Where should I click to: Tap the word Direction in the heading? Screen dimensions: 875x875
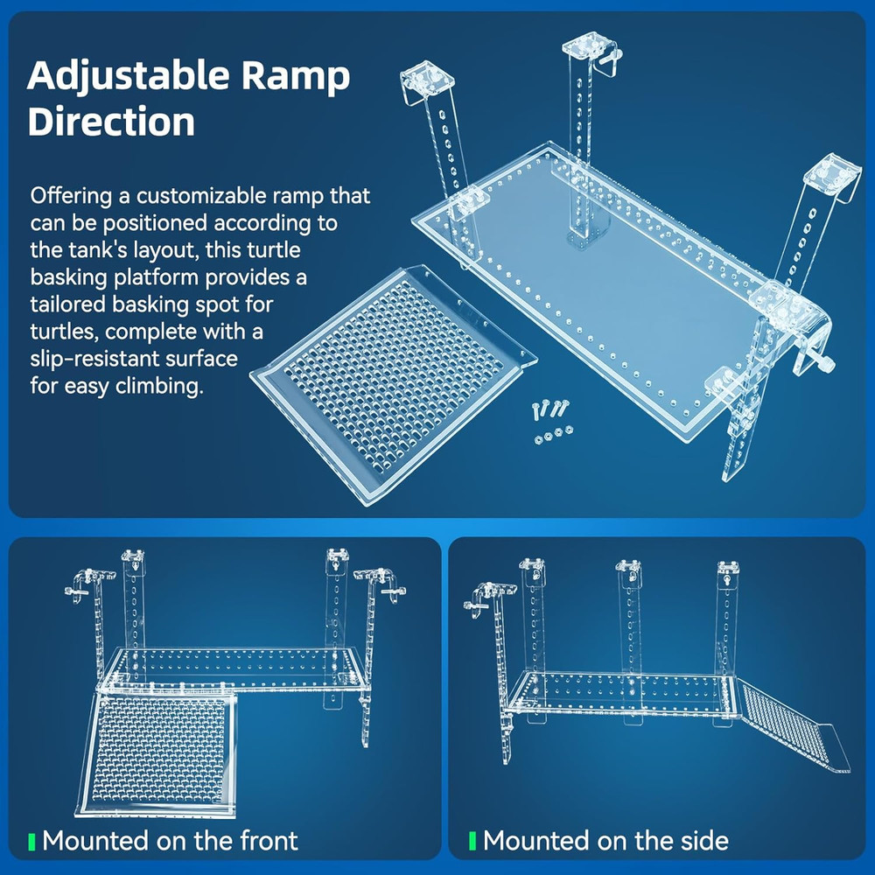pyautogui.click(x=111, y=122)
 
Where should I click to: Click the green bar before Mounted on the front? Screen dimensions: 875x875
pyautogui.click(x=32, y=842)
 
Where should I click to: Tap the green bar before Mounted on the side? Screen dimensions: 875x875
pyautogui.click(x=472, y=842)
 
